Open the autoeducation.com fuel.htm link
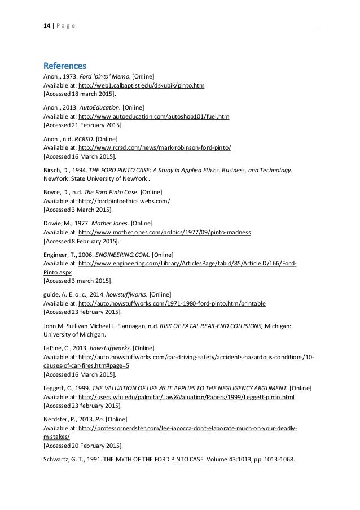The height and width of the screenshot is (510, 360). click(x=154, y=116)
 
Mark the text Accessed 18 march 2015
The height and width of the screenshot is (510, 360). click(x=79, y=94)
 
